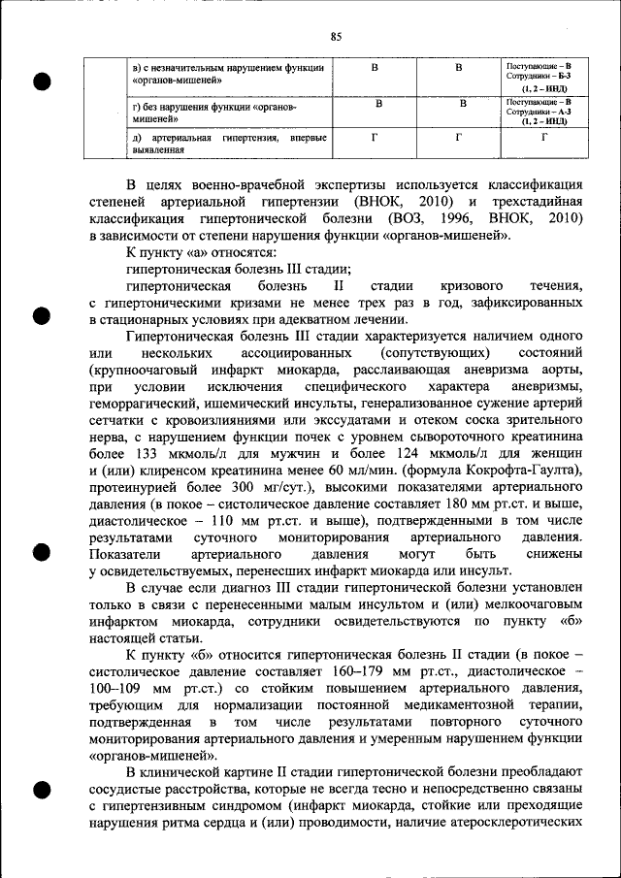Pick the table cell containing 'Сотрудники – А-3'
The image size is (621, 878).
tap(542, 112)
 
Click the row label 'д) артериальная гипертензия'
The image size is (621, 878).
tap(228, 144)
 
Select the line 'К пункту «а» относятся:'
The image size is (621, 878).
tap(189, 251)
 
